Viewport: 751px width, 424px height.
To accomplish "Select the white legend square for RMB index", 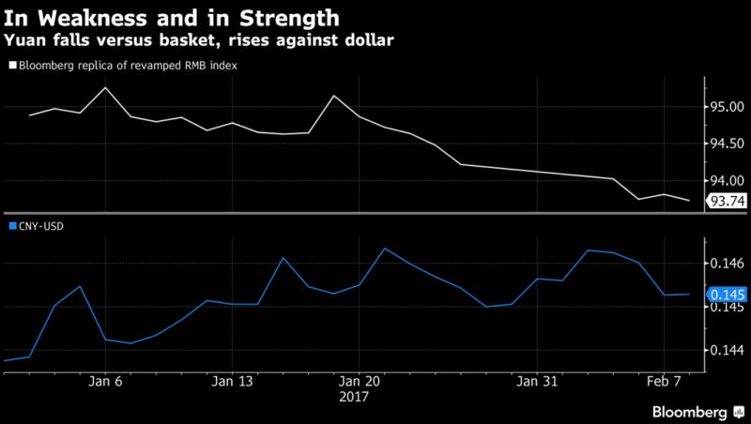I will pos(11,67).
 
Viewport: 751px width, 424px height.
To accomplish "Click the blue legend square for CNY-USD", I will pos(11,226).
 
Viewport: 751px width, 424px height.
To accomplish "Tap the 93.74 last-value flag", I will pos(725,200).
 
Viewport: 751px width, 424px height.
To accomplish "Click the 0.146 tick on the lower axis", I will pos(728,265).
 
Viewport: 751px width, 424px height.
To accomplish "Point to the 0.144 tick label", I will pos(728,350).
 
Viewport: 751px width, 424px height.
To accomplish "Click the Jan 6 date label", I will pos(105,382).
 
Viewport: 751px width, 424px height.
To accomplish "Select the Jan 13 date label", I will pos(233,382).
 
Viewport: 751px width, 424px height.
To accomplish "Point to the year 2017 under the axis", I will pos(354,396).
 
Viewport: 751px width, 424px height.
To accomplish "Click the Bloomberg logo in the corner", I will pos(691,411).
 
